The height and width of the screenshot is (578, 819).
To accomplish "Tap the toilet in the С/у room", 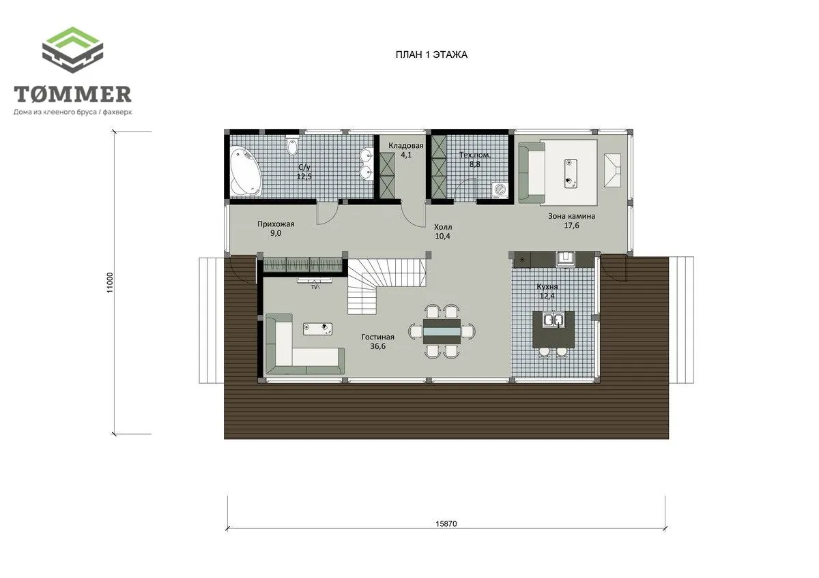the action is click(x=293, y=146).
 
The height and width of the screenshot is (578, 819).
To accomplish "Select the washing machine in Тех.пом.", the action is click(x=500, y=190).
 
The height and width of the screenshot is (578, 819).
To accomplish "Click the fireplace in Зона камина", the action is click(x=612, y=170).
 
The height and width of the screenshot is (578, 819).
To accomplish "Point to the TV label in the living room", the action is click(x=315, y=287).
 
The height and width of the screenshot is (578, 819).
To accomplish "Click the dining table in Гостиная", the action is click(x=442, y=331).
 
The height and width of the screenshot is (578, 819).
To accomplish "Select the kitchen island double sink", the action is click(x=553, y=320).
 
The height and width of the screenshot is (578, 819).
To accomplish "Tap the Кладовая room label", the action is click(x=406, y=146).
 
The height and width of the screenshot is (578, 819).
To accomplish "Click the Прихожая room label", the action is click(x=276, y=224).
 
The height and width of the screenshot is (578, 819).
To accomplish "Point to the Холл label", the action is click(x=443, y=227).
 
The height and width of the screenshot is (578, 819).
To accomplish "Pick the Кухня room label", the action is click(x=547, y=287).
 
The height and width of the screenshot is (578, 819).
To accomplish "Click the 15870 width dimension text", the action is click(x=446, y=524).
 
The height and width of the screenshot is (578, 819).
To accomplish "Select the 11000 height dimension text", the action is click(x=110, y=283).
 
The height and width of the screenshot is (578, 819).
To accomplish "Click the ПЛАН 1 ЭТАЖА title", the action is click(x=431, y=55).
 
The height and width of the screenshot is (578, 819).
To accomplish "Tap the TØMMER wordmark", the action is click(x=73, y=94).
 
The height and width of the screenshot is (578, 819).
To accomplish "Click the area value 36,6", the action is click(x=377, y=346).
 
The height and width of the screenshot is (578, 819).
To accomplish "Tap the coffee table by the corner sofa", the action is click(x=318, y=329).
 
